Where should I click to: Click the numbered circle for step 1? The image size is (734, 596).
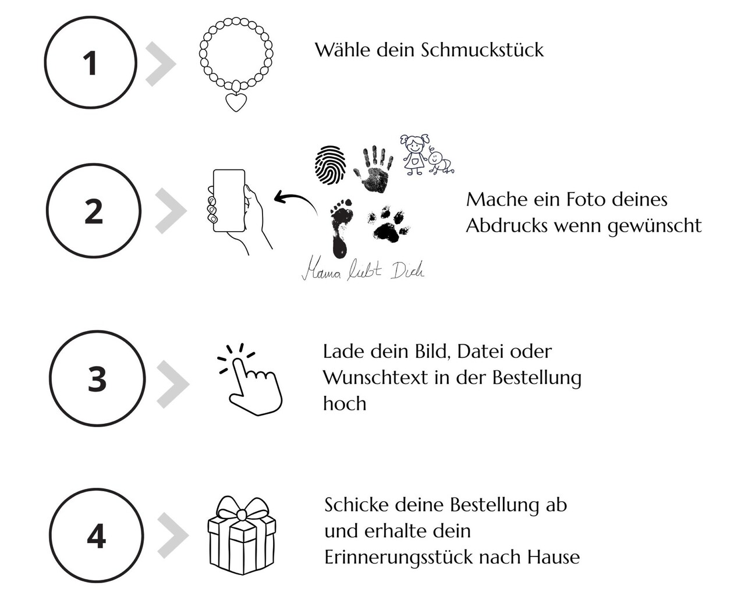(x=90, y=63)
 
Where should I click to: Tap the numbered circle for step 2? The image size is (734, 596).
(x=93, y=211)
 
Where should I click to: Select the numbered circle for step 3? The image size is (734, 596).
(x=97, y=378)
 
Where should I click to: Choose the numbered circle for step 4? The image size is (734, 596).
(x=96, y=535)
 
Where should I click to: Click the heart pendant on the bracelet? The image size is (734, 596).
(x=236, y=102)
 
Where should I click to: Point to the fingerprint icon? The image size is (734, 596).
(x=330, y=165)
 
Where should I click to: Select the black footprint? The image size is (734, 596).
(x=340, y=227)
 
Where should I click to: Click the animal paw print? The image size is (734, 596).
(x=388, y=225)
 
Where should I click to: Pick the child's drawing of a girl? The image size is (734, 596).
(x=414, y=154)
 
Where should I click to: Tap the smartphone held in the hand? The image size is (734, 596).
(x=229, y=201)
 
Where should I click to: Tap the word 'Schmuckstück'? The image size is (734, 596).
(x=482, y=50)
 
